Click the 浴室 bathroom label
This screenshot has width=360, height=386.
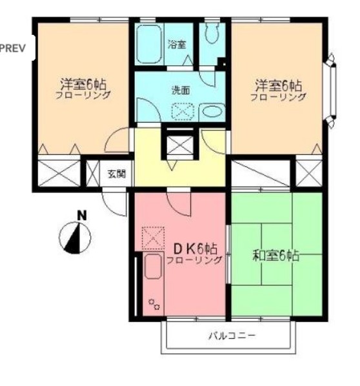176,45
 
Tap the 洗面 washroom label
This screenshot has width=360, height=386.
180,91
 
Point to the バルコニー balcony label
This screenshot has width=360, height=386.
232,336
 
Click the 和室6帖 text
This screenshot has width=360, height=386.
275,254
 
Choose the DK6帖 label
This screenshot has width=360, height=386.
194,249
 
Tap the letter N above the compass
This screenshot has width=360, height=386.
81,216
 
